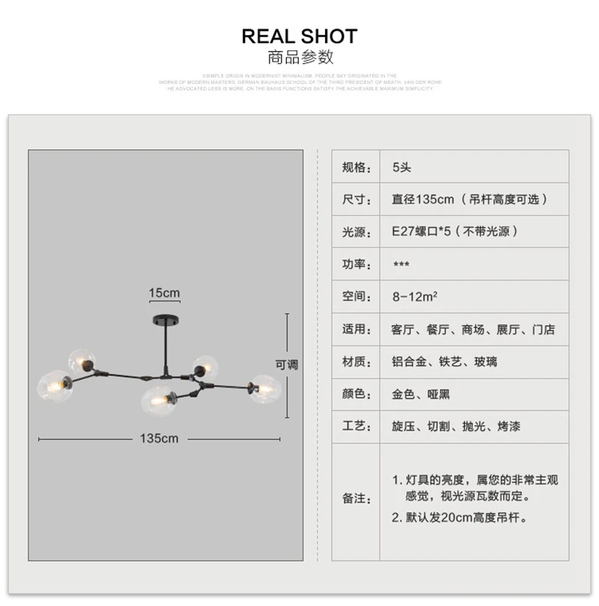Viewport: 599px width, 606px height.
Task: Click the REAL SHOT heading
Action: (x=299, y=36)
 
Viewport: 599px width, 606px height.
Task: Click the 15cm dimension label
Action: (x=164, y=292)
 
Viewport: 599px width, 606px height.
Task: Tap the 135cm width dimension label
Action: (x=159, y=438)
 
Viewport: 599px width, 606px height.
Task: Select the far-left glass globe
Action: (x=55, y=385)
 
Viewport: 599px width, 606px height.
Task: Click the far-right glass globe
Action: (x=264, y=389)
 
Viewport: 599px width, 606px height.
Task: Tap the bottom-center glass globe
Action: (x=157, y=401)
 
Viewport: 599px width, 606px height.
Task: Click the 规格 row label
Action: (x=356, y=167)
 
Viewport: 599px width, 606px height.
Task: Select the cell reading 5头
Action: (x=402, y=167)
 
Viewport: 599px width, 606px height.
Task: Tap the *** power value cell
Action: (x=401, y=264)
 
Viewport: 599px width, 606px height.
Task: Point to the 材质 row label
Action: (x=356, y=362)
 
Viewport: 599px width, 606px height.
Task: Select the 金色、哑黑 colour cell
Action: (x=421, y=394)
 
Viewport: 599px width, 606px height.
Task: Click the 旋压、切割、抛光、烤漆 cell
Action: (x=456, y=426)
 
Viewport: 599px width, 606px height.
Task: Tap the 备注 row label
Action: (x=356, y=498)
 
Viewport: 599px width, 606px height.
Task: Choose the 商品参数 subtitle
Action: (x=299, y=58)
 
